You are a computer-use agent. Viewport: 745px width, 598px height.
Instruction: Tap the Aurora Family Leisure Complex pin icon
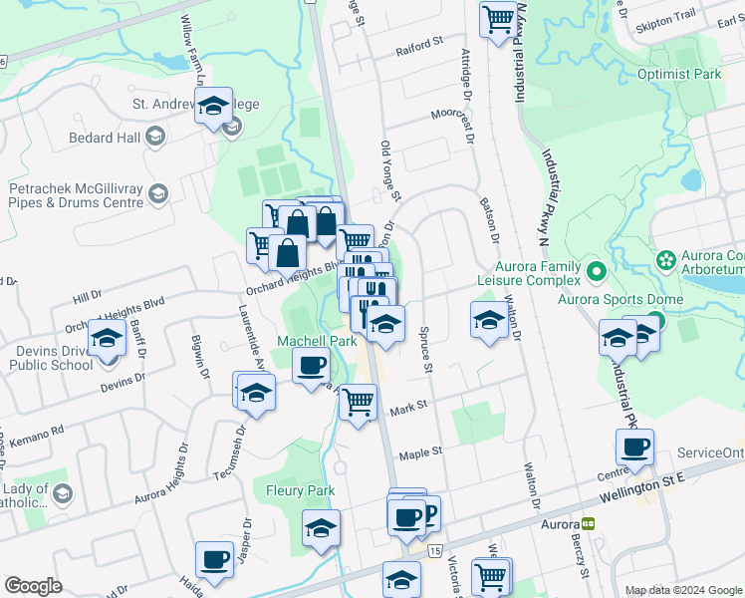point(597,270)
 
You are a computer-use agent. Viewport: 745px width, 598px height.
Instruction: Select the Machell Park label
point(316,341)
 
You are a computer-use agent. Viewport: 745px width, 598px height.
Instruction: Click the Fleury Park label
point(300,490)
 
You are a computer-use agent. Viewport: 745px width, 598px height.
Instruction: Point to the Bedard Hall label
point(105,138)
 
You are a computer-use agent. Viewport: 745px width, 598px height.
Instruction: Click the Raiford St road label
point(418,45)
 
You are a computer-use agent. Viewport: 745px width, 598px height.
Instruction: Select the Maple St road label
point(420,453)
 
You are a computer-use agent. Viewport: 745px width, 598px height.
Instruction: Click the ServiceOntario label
point(710,452)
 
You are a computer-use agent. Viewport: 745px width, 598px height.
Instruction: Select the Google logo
point(33,586)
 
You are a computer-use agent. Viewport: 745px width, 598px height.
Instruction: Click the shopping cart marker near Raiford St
point(497,18)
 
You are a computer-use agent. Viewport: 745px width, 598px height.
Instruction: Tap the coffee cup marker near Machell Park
point(312,366)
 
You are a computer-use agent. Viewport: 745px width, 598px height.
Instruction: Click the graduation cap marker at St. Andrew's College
point(212,105)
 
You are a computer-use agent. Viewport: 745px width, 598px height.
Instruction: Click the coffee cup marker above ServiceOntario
point(633,446)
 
